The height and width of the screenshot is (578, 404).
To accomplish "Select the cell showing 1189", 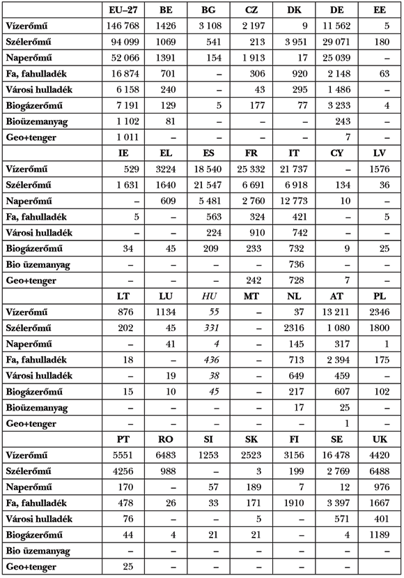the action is coord(381,535).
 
